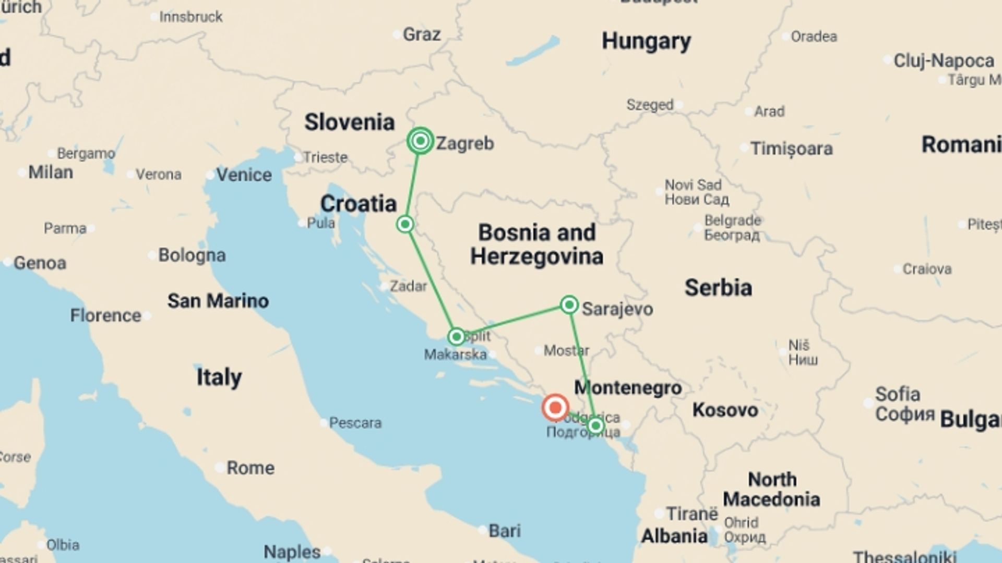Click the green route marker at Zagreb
click(x=420, y=141)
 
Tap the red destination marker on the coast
click(x=555, y=407)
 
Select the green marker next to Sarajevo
click(x=569, y=304)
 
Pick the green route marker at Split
click(x=456, y=337)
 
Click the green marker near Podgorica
click(x=595, y=426)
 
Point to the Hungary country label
click(x=646, y=41)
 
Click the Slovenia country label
click(x=349, y=123)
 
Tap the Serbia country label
click(x=718, y=288)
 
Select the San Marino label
click(x=218, y=301)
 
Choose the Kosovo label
click(x=725, y=410)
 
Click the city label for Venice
click(x=244, y=175)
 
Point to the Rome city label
click(x=250, y=468)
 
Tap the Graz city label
click(x=422, y=35)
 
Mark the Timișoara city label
click(x=791, y=149)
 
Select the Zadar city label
click(x=408, y=286)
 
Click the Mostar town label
click(x=566, y=350)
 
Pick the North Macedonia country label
click(x=771, y=489)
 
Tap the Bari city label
click(x=504, y=531)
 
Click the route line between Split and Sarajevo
click(x=512, y=321)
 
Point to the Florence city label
click(x=105, y=315)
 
